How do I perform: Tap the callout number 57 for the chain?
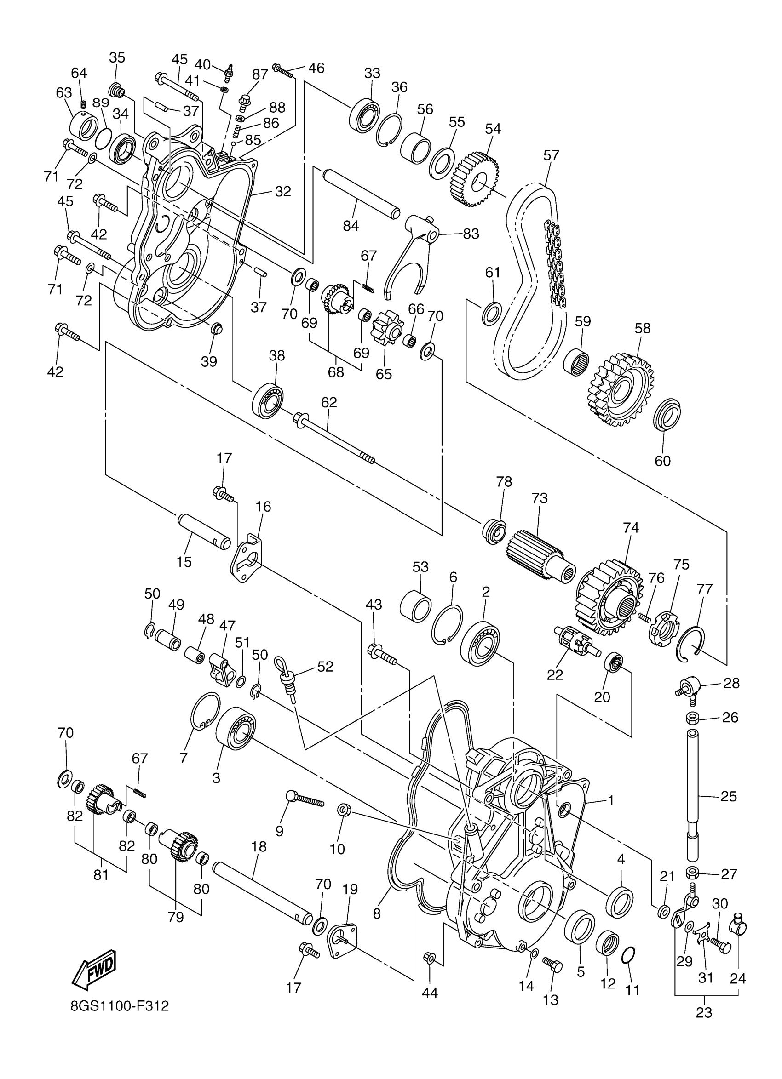click(551, 155)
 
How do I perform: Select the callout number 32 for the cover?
click(282, 192)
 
